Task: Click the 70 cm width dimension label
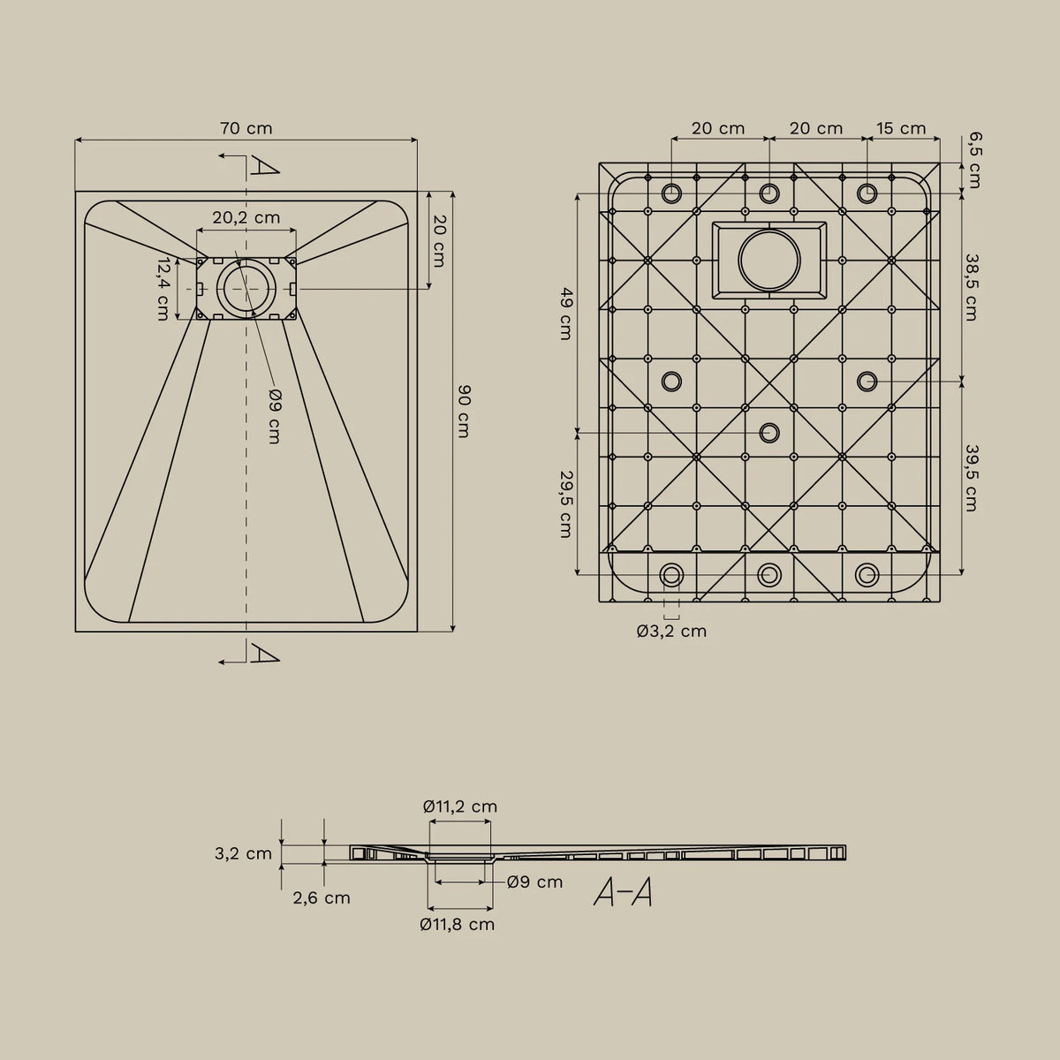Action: pyautogui.click(x=246, y=128)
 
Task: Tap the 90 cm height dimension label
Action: pyautogui.click(x=463, y=411)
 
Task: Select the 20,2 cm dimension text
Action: pyautogui.click(x=246, y=217)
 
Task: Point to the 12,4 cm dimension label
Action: pyautogui.click(x=163, y=289)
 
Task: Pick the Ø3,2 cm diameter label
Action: pyautogui.click(x=671, y=631)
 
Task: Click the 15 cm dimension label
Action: pyautogui.click(x=901, y=128)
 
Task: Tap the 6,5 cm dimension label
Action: pyautogui.click(x=973, y=161)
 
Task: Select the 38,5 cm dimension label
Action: pyautogui.click(x=972, y=286)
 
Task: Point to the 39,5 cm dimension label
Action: pyautogui.click(x=972, y=478)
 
